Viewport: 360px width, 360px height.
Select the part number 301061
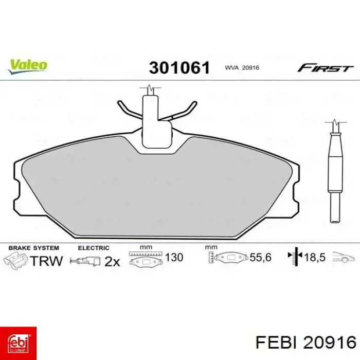click(x=179, y=67)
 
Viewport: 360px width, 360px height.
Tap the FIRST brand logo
click(x=325, y=68)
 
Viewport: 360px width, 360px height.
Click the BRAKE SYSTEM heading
click(x=33, y=248)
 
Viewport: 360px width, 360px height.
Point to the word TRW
click(x=46, y=261)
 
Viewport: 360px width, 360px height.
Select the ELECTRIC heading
click(x=94, y=248)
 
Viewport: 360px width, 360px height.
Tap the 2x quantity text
click(x=112, y=261)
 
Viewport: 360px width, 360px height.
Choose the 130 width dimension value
click(x=174, y=257)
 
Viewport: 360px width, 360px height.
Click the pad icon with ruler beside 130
click(x=146, y=259)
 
